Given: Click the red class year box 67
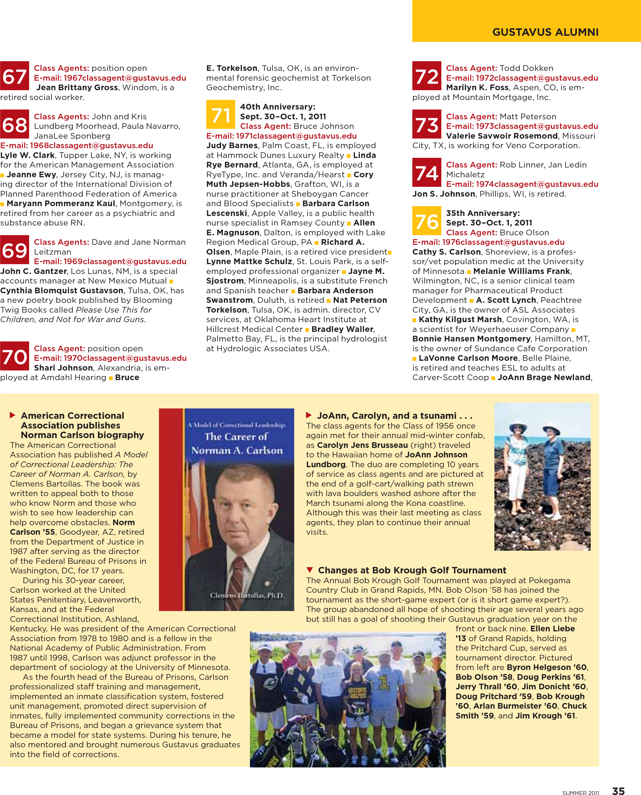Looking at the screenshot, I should pyautogui.click(x=14, y=76).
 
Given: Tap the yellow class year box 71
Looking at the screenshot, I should pyautogui.click(x=221, y=114).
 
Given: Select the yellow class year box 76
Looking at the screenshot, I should pyautogui.click(x=426, y=221).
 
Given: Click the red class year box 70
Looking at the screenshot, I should pyautogui.click(x=14, y=356).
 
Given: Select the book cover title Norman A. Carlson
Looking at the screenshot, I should pyautogui.click(x=237, y=450).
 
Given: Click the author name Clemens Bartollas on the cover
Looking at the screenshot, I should pyautogui.click(x=246, y=596).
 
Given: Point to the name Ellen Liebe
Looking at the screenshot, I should pyautogui.click(x=552, y=629).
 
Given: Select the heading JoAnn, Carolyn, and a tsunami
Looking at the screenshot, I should pyautogui.click(x=394, y=415).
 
